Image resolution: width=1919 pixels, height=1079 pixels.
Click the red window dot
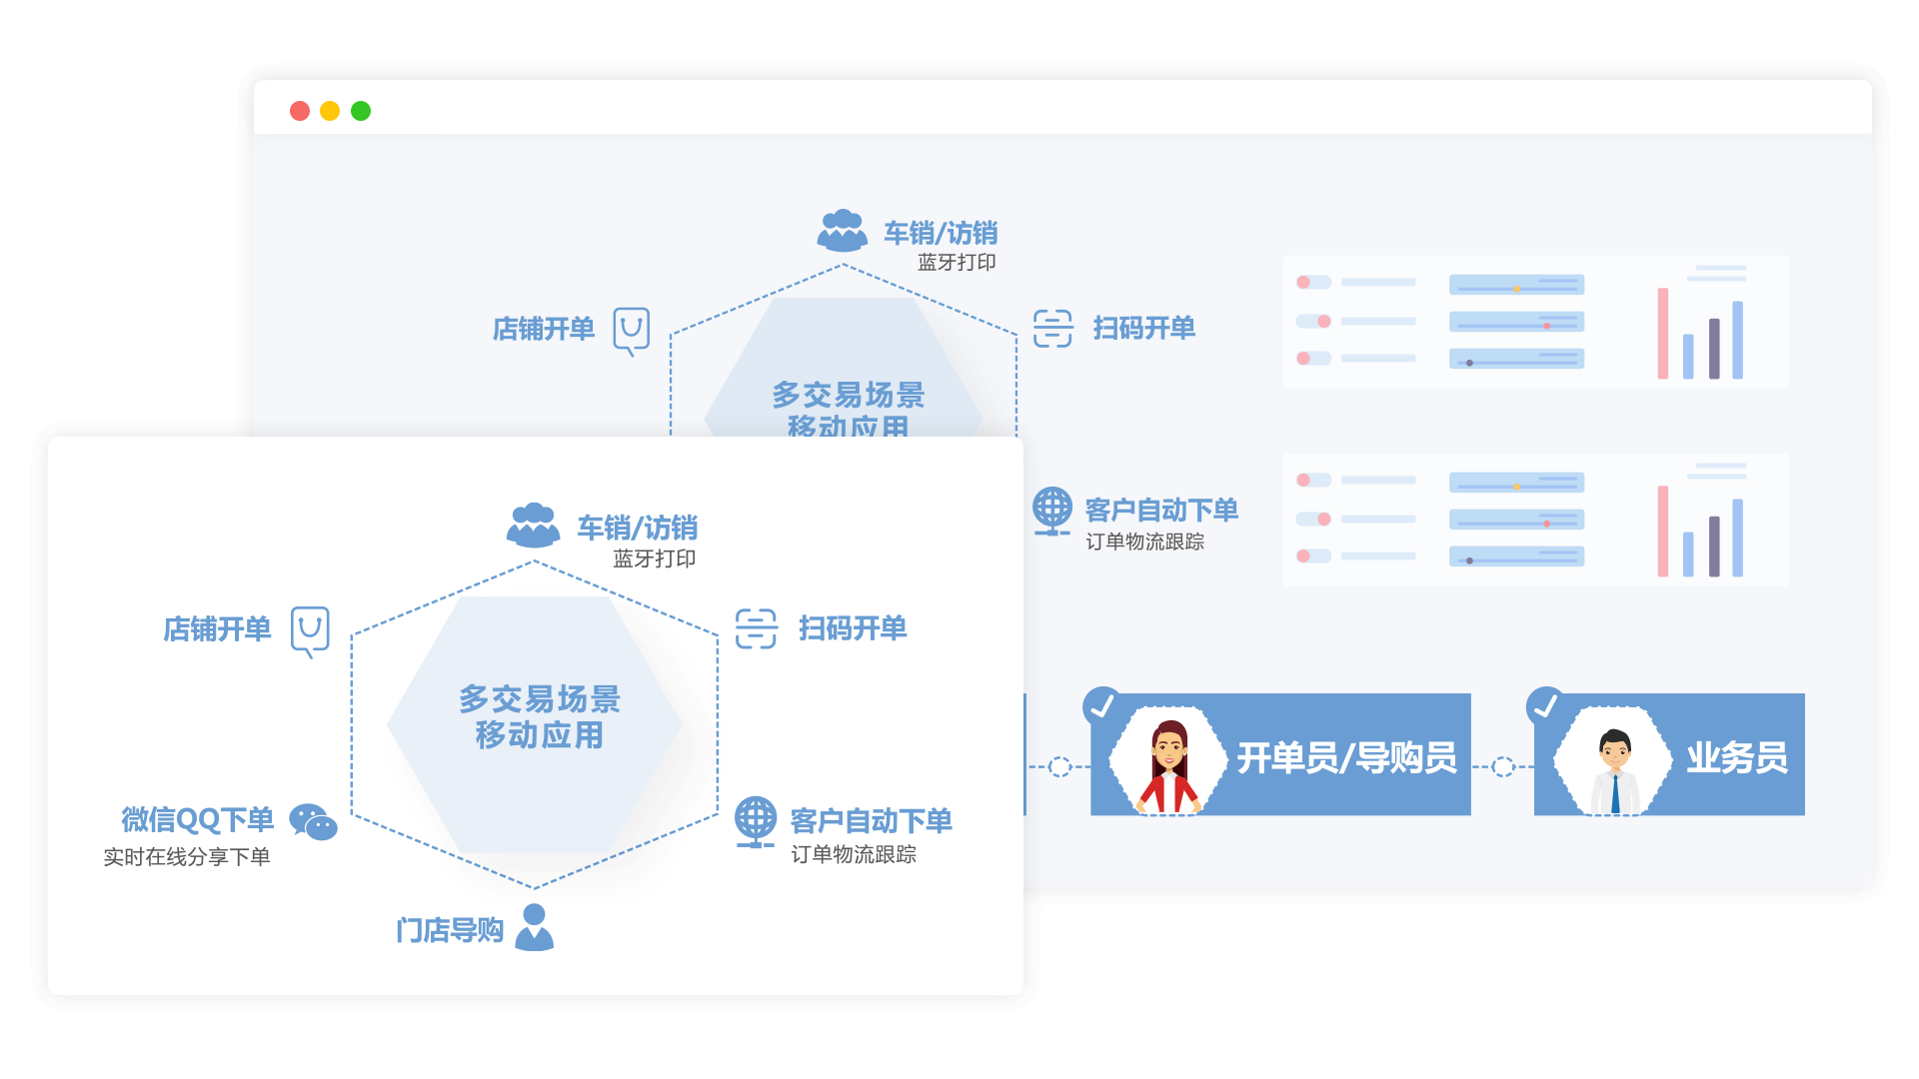tap(300, 111)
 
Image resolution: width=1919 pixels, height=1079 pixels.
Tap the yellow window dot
tap(330, 111)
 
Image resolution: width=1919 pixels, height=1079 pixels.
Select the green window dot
tap(361, 111)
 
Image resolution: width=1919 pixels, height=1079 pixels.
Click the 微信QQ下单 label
tap(198, 819)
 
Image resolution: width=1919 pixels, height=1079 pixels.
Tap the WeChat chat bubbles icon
tap(313, 822)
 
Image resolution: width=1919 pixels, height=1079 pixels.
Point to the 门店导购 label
tap(450, 930)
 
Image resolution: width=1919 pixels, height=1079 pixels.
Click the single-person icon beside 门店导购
tap(535, 927)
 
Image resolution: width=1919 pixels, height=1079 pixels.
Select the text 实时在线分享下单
tap(187, 857)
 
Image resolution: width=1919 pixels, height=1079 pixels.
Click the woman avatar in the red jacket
tap(1168, 764)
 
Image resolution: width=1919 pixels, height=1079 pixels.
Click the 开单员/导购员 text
tap(1346, 758)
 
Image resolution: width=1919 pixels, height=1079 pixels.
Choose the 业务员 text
tap(1737, 758)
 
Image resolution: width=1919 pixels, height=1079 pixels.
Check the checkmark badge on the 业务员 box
tap(1545, 705)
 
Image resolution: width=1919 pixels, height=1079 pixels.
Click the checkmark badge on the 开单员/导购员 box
tap(1101, 705)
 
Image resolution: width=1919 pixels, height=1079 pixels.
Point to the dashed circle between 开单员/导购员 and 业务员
tap(1502, 767)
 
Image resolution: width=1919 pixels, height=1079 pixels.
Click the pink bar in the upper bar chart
tap(1663, 334)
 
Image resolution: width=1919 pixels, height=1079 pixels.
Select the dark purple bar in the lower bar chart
tap(1714, 546)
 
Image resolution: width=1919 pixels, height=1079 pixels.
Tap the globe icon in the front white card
tap(756, 821)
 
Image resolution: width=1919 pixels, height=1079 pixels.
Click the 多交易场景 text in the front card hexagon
tap(540, 698)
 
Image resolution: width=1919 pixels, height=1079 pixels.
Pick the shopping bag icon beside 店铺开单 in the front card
tap(310, 631)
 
